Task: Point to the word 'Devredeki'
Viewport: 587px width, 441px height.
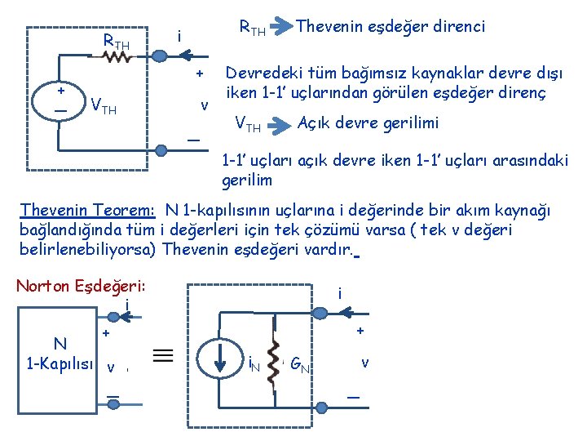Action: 259,73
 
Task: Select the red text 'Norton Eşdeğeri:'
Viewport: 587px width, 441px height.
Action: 80,287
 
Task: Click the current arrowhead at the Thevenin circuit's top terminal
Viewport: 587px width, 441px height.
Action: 187,56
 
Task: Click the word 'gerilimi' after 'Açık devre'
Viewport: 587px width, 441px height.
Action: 412,122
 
